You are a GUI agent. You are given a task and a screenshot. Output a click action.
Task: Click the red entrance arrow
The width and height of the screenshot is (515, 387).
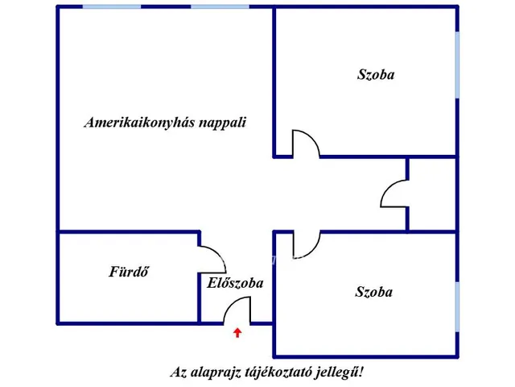pyautogui.click(x=237, y=333)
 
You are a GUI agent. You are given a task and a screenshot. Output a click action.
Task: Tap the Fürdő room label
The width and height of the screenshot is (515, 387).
pyautogui.click(x=129, y=272)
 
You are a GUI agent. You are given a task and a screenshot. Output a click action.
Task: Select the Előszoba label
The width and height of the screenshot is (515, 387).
pyautogui.click(x=235, y=283)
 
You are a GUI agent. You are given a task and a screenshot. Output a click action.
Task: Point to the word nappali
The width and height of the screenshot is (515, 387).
pyautogui.click(x=223, y=123)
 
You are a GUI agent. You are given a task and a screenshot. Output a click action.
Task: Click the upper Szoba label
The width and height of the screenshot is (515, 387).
pyautogui.click(x=376, y=75)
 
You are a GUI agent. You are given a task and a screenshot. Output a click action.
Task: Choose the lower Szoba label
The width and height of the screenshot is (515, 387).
pyautogui.click(x=373, y=292)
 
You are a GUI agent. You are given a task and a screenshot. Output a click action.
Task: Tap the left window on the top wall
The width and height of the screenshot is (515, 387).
pyautogui.click(x=112, y=6)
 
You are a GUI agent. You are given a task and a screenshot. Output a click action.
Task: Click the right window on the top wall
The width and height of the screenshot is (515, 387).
pyautogui.click(x=220, y=6)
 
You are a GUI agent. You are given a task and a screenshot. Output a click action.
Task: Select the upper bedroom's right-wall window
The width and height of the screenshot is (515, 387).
pyautogui.click(x=457, y=64)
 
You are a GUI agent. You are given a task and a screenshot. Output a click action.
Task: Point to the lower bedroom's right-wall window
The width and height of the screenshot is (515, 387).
pyautogui.click(x=457, y=306)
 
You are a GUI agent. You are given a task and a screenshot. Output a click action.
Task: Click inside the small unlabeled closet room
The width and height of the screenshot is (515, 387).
pyautogui.click(x=432, y=194)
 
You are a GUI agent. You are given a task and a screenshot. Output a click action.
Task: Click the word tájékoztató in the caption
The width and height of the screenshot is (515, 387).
pyautogui.click(x=279, y=372)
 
